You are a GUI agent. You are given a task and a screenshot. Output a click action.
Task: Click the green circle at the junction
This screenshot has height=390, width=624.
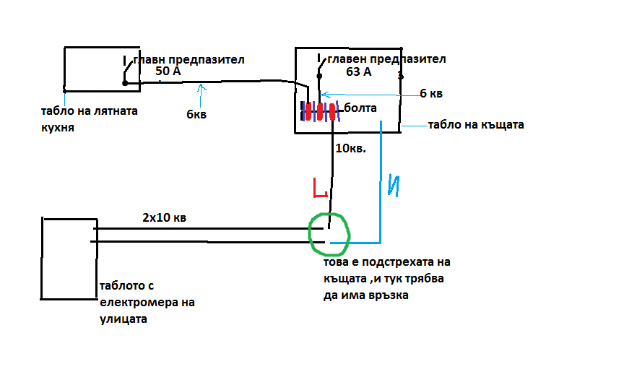310,235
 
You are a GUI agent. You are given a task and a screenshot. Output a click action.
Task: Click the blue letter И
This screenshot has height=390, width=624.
394,186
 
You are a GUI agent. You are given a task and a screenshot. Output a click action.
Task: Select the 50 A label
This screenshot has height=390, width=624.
168,71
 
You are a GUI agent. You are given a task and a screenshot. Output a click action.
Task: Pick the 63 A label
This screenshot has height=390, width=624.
358,72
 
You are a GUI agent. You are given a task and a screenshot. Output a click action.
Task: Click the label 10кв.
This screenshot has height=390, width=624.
350,149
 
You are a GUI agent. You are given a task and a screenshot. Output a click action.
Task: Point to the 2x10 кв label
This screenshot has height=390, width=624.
165,217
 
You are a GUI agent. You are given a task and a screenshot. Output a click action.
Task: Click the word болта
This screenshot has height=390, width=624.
360,108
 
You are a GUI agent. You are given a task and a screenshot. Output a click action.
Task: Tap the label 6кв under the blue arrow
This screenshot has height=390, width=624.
196,115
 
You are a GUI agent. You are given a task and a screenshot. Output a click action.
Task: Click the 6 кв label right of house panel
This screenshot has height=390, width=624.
431,93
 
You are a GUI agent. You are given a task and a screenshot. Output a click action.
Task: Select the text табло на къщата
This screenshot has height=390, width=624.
476,125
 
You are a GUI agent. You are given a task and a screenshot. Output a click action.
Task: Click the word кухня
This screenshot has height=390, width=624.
58,128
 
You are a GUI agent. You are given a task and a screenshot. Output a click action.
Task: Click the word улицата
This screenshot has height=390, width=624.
123,319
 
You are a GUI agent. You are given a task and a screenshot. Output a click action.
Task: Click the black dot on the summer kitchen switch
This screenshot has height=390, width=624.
125,83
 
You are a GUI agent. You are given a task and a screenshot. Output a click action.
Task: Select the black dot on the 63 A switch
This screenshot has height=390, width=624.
319,76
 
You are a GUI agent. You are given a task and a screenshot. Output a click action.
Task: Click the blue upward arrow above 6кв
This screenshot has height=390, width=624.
201,95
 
